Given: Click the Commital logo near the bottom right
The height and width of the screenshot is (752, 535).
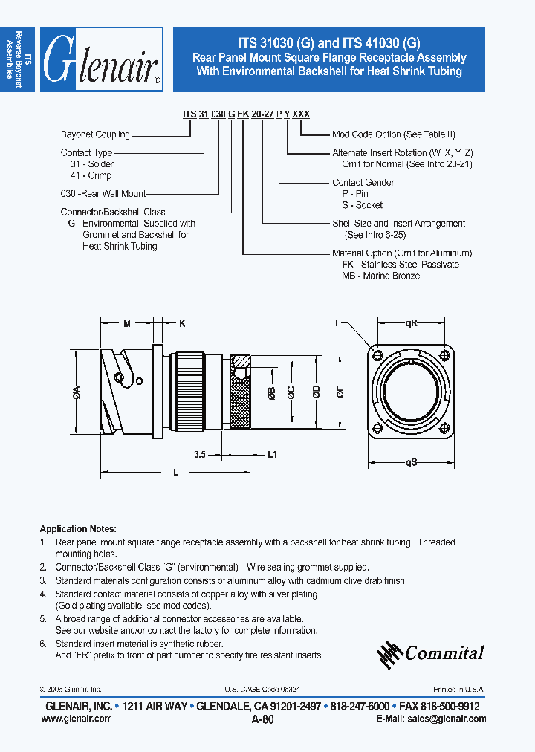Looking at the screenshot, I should pos(431,653).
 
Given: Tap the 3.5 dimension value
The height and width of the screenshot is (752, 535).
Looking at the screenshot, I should pos(200,453).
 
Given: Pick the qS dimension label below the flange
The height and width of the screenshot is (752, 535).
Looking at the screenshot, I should pos(411,462).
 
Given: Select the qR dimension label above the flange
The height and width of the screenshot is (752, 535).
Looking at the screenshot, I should pos(411,323).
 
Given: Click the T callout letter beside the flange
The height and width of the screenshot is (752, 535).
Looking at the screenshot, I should pos(337,323).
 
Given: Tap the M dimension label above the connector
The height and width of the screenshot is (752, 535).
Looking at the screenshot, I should pos(126,323).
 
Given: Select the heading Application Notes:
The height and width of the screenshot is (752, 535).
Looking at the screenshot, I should pos(78,529).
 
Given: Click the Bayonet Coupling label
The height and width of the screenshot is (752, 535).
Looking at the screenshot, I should pos(95,134).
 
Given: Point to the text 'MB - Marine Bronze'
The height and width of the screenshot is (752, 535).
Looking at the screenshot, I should pos(380,276).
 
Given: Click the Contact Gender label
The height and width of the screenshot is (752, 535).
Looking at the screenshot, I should pos(363,182).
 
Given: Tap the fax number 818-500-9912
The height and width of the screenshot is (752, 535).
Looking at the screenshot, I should pos(453,707).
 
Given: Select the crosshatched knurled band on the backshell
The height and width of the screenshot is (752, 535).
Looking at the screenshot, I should pos(241,392).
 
